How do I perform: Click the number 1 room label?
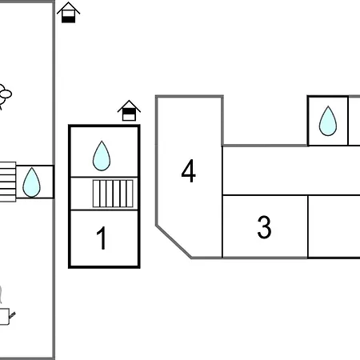click(x=102, y=238)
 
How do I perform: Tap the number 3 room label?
click(x=264, y=227)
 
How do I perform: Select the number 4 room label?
click(x=188, y=171)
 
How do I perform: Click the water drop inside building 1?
click(x=102, y=156)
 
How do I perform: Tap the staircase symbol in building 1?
click(x=113, y=194)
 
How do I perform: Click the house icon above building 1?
click(x=129, y=111)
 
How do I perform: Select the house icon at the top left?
click(x=69, y=12)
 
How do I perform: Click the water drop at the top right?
click(x=328, y=121)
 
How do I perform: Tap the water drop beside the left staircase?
click(x=31, y=182)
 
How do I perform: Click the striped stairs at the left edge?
click(x=7, y=182)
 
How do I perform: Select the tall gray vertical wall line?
click(x=54, y=240)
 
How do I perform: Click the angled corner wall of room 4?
click(x=173, y=241)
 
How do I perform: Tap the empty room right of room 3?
click(x=334, y=227)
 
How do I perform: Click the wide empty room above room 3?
click(x=288, y=170)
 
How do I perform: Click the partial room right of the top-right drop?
click(x=354, y=121)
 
